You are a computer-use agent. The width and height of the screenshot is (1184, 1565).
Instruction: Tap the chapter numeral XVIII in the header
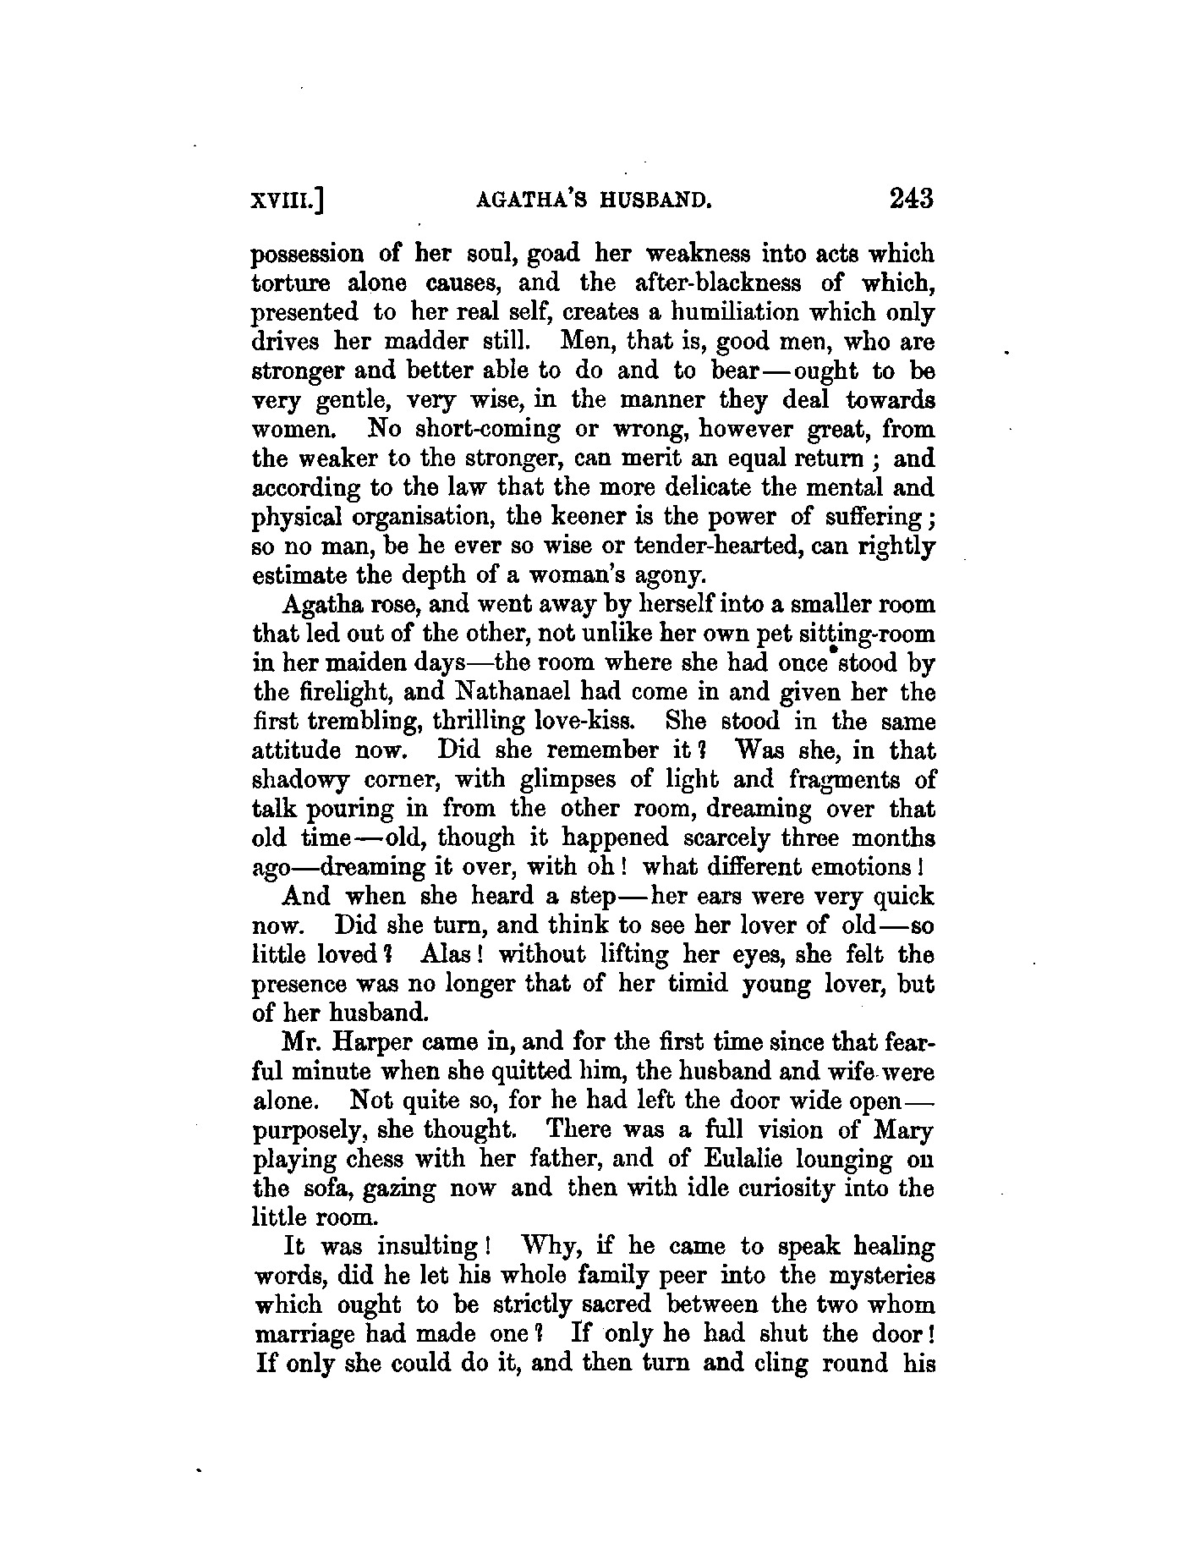point(284,200)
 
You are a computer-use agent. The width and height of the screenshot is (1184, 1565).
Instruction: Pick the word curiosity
point(800,1189)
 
